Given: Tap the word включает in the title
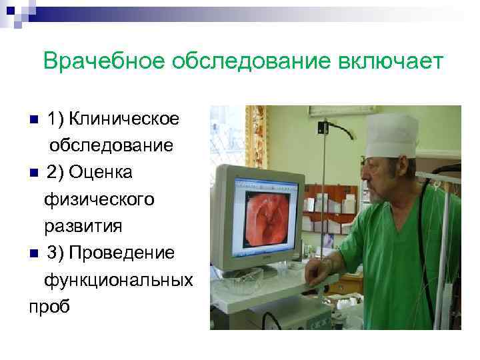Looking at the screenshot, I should (x=387, y=61).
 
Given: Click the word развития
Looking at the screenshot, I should (x=83, y=226).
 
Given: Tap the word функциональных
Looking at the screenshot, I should (x=118, y=280).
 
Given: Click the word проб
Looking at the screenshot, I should (x=48, y=307).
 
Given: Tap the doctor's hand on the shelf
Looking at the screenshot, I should (x=319, y=269).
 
